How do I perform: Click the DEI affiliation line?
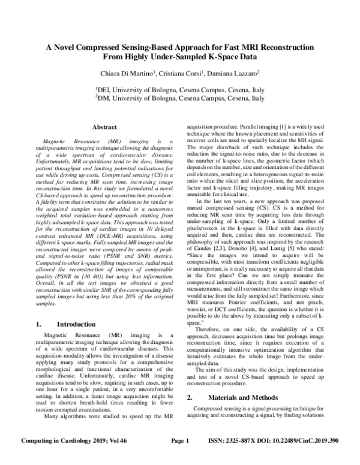180,90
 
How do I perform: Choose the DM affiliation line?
180,99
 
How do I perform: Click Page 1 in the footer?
180,458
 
